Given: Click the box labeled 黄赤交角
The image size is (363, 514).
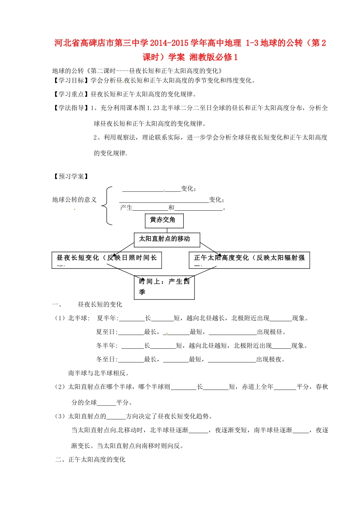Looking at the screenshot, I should pyautogui.click(x=164, y=221).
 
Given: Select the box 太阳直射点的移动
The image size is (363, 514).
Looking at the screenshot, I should pyautogui.click(x=167, y=239).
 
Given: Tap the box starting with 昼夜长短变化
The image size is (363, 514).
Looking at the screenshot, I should pyautogui.click(x=107, y=260).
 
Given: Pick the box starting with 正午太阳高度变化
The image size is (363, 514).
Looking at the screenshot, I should pyautogui.click(x=249, y=260).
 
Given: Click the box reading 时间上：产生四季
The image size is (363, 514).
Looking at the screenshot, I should pyautogui.click(x=166, y=287).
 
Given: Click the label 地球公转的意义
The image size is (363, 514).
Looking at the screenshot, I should pyautogui.click(x=75, y=200).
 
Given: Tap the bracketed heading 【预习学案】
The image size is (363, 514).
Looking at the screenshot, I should pyautogui.click(x=71, y=176).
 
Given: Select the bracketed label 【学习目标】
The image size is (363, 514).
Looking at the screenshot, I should pyautogui.click(x=71, y=80).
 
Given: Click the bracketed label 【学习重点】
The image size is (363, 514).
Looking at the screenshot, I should pyautogui.click(x=71, y=94).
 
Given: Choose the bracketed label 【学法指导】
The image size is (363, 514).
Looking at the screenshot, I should pyautogui.click(x=71, y=108).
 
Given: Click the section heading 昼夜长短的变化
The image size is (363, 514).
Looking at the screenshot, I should pyautogui.click(x=100, y=304).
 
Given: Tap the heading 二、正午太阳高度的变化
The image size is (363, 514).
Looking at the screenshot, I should pyautogui.click(x=90, y=459).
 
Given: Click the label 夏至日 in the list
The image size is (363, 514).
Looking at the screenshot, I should pyautogui.click(x=107, y=332).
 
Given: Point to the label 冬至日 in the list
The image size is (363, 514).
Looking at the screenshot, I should pyautogui.click(x=107, y=359).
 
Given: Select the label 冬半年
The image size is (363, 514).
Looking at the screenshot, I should pyautogui.click(x=107, y=346).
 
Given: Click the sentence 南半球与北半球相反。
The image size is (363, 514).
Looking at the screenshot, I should pyautogui.click(x=99, y=373).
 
